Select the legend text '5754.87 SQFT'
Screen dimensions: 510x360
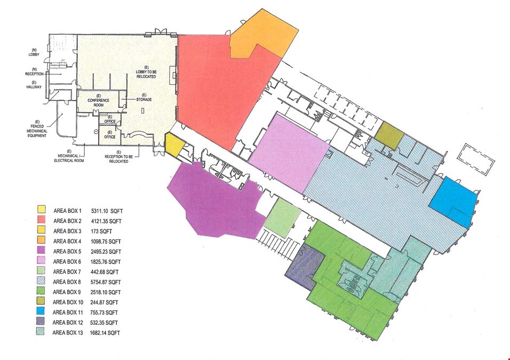pos(106,282)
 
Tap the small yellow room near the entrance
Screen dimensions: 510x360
pos(175,145)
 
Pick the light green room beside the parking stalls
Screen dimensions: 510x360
pos(282,218)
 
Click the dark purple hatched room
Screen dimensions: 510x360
pos(305,266)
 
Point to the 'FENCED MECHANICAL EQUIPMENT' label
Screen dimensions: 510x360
pos(37,129)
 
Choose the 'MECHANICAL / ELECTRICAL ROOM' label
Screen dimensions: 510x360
pos(69,156)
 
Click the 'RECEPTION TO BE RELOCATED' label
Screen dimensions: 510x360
pos(118,157)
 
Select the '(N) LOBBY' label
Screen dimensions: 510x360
pos(34,52)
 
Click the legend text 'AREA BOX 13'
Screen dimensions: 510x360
pos(68,333)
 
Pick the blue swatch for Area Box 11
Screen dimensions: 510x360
pos(41,311)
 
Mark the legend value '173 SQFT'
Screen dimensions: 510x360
pos(101,231)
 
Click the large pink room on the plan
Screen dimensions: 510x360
pos(289,152)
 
